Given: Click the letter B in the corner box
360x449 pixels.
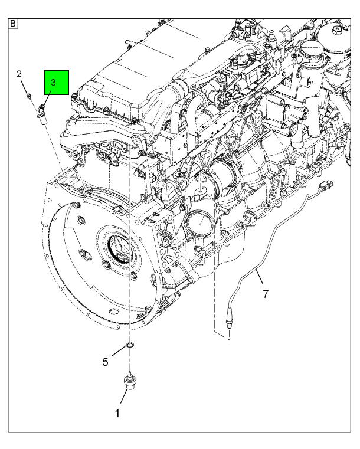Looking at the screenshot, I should point(13,24).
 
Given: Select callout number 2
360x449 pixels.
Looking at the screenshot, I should point(19,74).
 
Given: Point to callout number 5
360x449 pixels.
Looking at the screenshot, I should point(106,362).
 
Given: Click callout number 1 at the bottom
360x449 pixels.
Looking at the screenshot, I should point(117,414).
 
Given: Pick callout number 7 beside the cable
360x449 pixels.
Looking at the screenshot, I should point(266,293).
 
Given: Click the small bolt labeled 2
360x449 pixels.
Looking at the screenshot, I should point(30,96).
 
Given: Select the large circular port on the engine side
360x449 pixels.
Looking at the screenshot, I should point(199,225).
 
